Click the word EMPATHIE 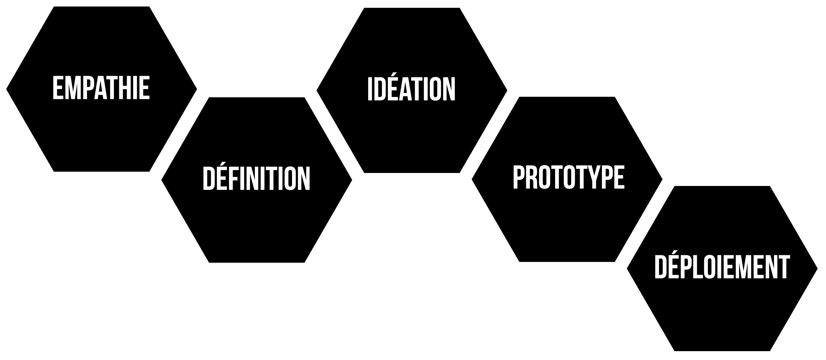click(101, 87)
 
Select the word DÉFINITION click(257, 178)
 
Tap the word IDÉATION click(411, 89)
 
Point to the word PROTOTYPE click(569, 177)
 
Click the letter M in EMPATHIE click(71, 87)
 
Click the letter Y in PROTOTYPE click(594, 177)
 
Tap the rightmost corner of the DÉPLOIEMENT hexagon click(817, 269)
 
